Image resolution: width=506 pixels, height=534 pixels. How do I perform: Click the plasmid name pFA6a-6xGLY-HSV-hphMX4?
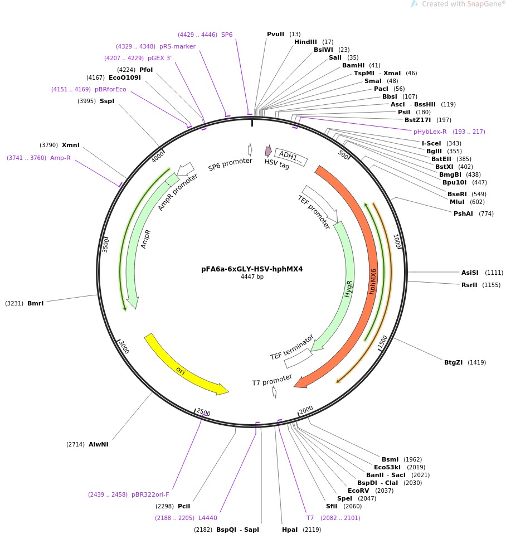pos(252,269)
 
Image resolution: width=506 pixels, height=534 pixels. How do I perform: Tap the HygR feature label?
pos(349,288)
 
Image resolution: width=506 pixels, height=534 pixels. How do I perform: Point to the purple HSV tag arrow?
pos(268,151)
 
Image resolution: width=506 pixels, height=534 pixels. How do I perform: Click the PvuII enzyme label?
pos(276,34)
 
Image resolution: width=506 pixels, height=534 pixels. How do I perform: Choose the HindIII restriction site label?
pos(305,42)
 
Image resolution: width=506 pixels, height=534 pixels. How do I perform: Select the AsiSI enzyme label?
pos(470,273)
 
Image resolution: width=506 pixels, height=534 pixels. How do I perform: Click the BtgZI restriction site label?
pos(453,362)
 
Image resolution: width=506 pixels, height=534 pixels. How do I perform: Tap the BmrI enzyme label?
pos(35,303)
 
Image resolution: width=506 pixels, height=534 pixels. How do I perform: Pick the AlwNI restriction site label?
pos(98,444)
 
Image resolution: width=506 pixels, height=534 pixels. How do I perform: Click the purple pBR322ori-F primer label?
pos(150,494)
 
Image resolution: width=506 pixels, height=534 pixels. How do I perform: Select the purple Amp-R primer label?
pos(60,158)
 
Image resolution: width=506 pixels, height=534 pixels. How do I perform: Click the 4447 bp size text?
pos(252,276)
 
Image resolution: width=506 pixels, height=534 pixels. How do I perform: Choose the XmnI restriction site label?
pos(71,145)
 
